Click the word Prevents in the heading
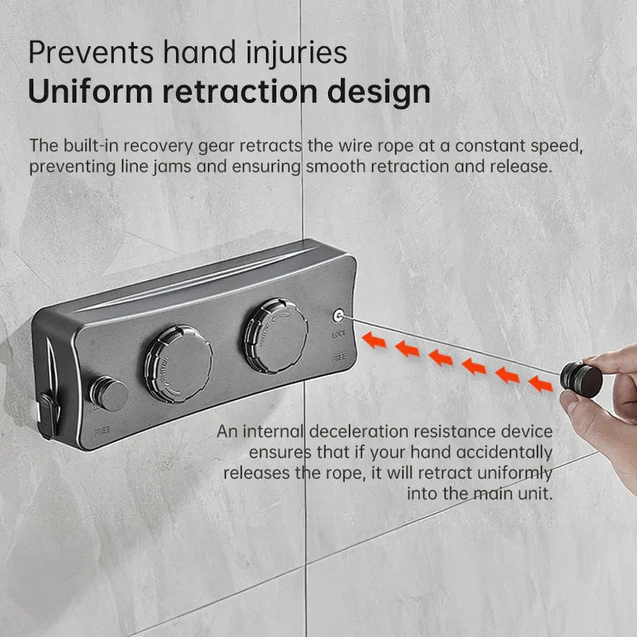pyautogui.click(x=91, y=53)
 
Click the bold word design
pyautogui.click(x=378, y=92)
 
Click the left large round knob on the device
pyautogui.click(x=178, y=364)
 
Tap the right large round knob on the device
pyautogui.click(x=276, y=335)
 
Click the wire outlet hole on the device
pyautogui.click(x=338, y=315)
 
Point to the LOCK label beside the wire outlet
pyautogui.click(x=339, y=334)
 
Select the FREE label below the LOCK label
pyautogui.click(x=339, y=358)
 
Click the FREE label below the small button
pyautogui.click(x=102, y=431)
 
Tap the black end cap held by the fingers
pyautogui.click(x=580, y=380)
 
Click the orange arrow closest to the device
pyautogui.click(x=373, y=340)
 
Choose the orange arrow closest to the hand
pyautogui.click(x=541, y=384)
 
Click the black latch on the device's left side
pyautogui.click(x=48, y=416)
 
